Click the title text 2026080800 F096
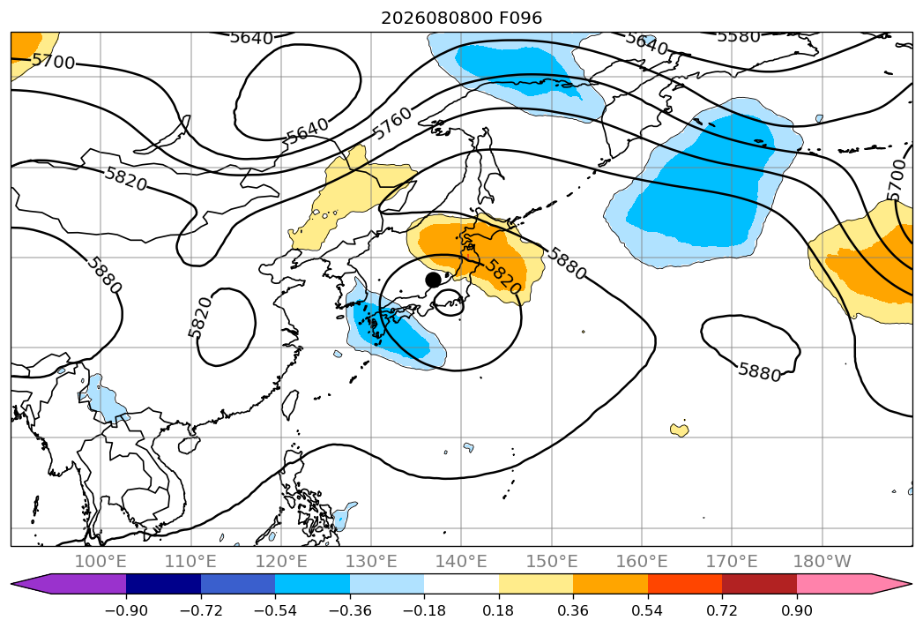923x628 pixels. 462,18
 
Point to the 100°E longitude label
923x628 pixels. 100,561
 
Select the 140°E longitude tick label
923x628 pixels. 461,561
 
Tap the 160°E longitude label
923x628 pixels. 642,561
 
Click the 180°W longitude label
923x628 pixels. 823,561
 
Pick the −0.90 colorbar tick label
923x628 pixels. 126,610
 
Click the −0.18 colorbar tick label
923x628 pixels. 424,610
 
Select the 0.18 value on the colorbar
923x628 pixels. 499,610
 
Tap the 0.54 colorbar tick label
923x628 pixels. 648,610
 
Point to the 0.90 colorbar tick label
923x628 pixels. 796,610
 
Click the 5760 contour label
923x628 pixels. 392,123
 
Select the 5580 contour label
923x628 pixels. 739,36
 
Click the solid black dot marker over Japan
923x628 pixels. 433,280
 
